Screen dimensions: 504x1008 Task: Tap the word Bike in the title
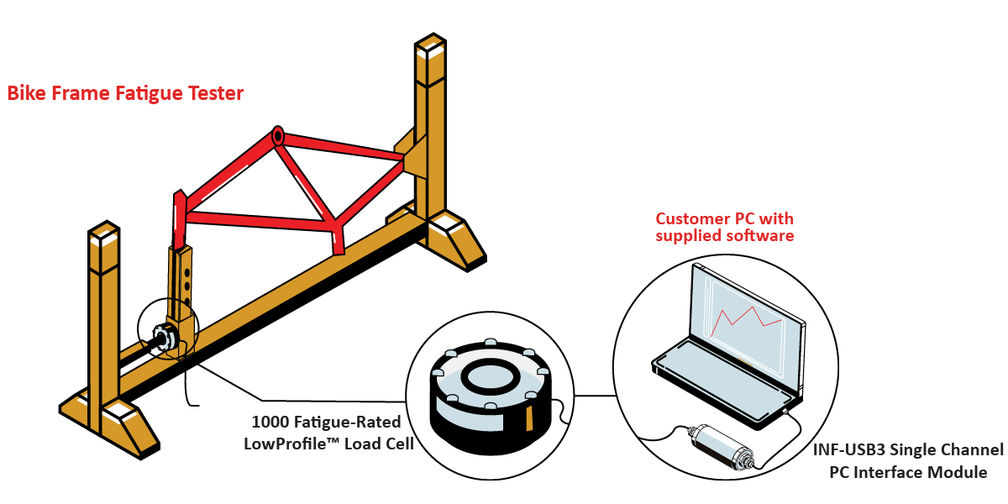click(x=26, y=93)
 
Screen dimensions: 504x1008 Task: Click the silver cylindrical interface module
click(x=722, y=445)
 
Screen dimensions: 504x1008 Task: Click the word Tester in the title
click(x=215, y=93)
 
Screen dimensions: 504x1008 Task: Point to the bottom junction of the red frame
click(x=336, y=227)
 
